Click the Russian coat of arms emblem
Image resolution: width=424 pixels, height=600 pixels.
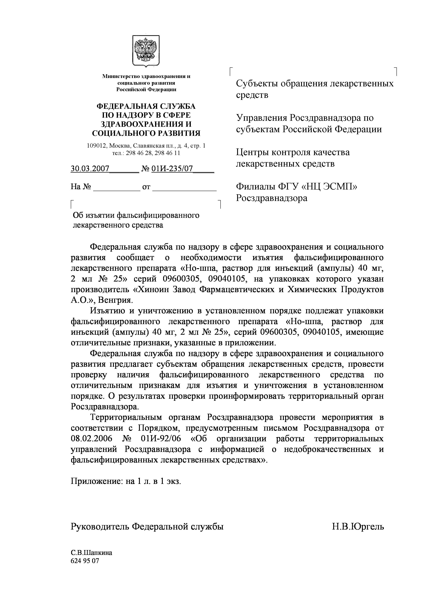(146, 51)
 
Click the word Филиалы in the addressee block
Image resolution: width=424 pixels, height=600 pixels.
(255, 187)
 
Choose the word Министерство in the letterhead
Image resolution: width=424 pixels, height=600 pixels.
(121, 76)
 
